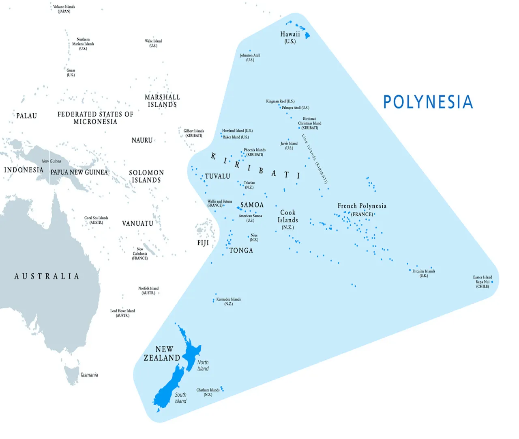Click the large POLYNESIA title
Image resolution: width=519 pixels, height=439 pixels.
click(x=428, y=102)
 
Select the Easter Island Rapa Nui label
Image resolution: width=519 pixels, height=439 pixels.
click(x=482, y=281)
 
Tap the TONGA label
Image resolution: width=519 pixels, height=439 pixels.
click(x=241, y=251)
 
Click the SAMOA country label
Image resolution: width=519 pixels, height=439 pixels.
click(x=252, y=205)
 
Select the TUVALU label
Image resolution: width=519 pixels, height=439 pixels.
click(x=217, y=176)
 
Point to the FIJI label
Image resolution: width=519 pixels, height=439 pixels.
click(x=203, y=243)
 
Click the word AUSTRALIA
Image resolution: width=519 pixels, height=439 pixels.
click(x=47, y=276)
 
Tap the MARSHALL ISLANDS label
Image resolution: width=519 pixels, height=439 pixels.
click(x=162, y=101)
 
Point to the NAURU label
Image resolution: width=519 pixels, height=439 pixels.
click(x=142, y=141)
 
